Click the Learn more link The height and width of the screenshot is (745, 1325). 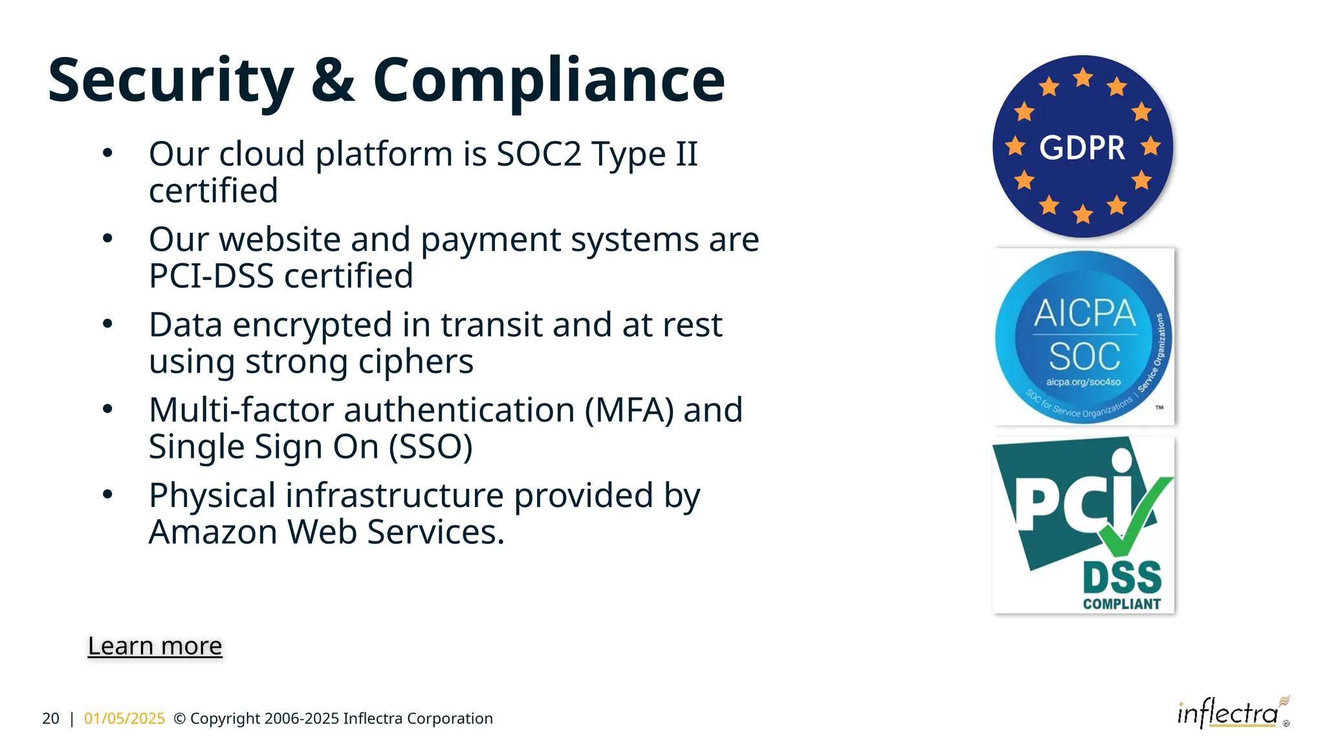click(155, 646)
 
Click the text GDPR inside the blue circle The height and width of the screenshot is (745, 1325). click(1082, 148)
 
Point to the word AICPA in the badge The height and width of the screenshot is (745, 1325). click(1084, 314)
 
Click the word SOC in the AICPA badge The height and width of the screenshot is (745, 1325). click(1084, 356)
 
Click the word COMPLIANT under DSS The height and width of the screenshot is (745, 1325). click(1122, 604)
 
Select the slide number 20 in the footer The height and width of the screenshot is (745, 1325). click(50, 718)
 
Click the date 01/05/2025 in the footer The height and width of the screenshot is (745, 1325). click(124, 718)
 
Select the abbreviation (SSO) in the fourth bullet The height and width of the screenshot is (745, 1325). click(430, 447)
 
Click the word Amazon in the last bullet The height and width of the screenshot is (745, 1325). click(213, 532)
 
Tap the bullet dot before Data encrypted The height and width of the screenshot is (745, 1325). click(108, 323)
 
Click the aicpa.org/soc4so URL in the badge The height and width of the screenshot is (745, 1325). click(1083, 382)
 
